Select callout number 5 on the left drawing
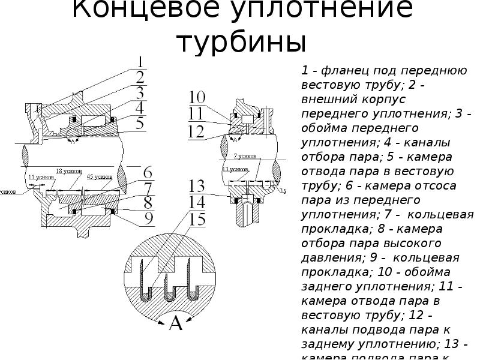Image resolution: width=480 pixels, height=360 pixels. tap(139, 124)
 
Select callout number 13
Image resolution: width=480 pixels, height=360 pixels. tap(197, 186)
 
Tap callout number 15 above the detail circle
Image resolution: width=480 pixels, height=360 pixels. tap(197, 218)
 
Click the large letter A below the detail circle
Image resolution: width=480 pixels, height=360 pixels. tap(176, 323)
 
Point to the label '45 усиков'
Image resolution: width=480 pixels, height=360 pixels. tap(99, 177)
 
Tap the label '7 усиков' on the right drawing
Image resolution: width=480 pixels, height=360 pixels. tap(245, 156)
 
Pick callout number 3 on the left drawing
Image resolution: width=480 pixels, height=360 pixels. tap(139, 93)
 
